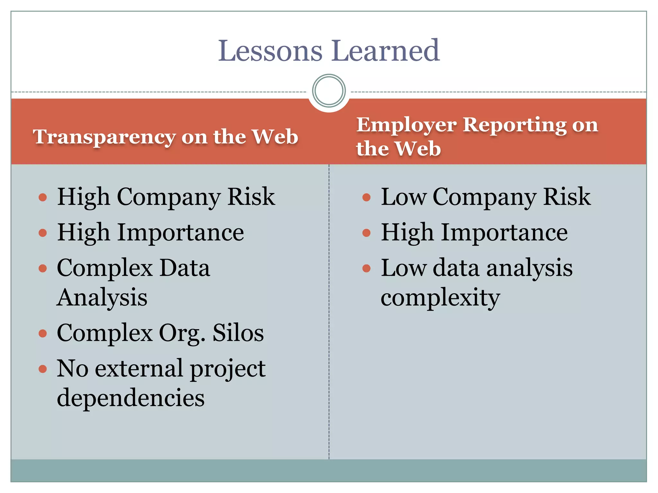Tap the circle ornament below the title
[x=329, y=91]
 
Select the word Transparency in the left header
[x=104, y=137]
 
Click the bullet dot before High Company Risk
[x=43, y=197]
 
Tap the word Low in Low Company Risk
[x=404, y=196]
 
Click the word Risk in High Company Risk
[x=251, y=196]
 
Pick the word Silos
[x=238, y=333]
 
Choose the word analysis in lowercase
[x=529, y=268]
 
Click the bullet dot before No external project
[x=43, y=369]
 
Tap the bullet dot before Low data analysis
[x=366, y=268]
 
